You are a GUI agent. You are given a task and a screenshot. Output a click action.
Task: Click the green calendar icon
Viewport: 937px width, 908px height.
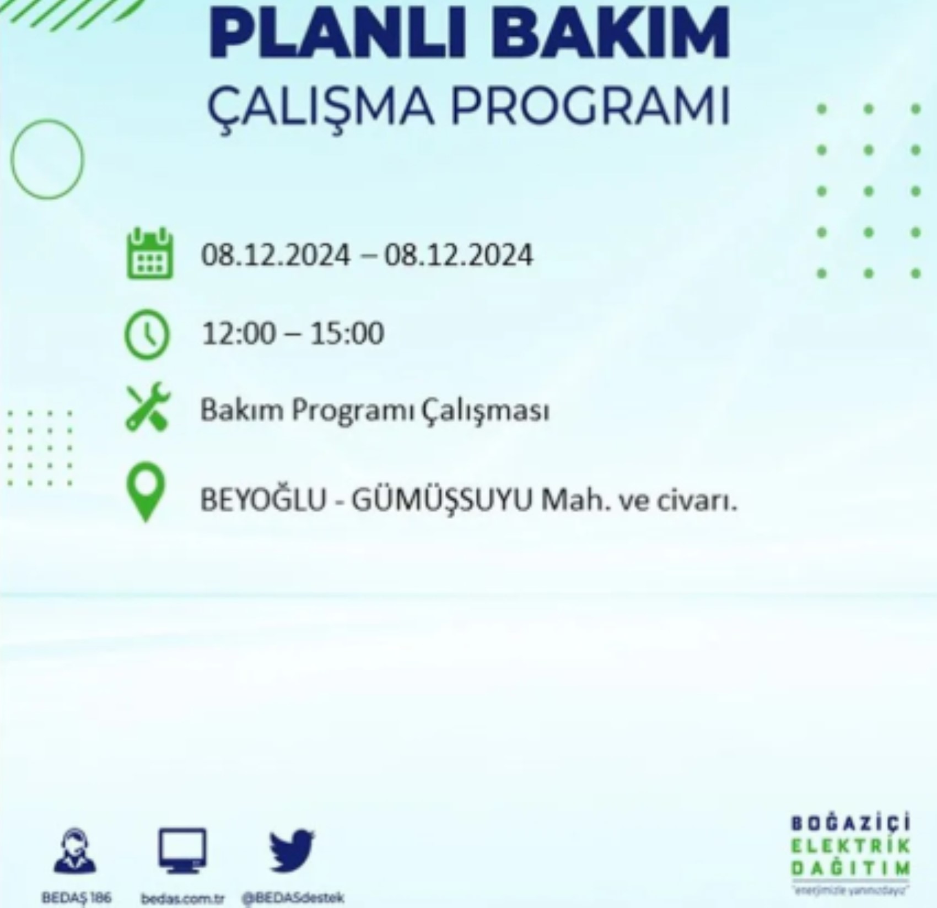click(x=149, y=254)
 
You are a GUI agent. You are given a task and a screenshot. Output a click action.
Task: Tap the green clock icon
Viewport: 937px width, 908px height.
click(x=147, y=334)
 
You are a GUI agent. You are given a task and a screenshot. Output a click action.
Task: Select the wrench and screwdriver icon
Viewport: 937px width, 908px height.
click(x=148, y=407)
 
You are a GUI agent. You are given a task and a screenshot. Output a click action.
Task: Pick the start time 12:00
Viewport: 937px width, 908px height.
click(x=238, y=333)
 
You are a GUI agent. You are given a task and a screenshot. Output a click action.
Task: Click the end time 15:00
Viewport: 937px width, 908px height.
click(x=347, y=333)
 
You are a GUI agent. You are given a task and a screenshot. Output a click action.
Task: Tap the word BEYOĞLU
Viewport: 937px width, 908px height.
click(x=263, y=501)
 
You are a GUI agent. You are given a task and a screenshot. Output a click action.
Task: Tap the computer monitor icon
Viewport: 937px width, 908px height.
click(x=182, y=851)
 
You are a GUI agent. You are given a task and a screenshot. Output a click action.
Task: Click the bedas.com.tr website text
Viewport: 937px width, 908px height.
click(x=182, y=899)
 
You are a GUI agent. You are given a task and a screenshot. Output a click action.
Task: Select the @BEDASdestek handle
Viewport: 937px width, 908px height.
click(x=293, y=898)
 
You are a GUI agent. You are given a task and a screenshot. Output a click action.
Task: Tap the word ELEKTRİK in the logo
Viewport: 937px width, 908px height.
click(x=850, y=847)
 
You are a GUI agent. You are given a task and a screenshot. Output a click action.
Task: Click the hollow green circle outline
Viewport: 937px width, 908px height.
click(x=47, y=159)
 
